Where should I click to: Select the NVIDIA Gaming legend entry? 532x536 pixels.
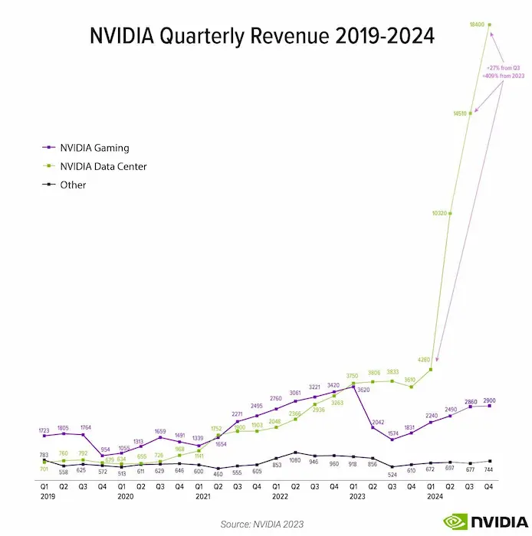(x=94, y=148)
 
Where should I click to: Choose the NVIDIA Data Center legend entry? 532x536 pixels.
(x=103, y=166)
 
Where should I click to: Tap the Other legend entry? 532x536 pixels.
(x=73, y=185)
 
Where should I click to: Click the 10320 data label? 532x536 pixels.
(x=438, y=214)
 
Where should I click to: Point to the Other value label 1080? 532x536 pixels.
(x=294, y=461)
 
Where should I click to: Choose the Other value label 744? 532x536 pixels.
(x=489, y=468)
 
